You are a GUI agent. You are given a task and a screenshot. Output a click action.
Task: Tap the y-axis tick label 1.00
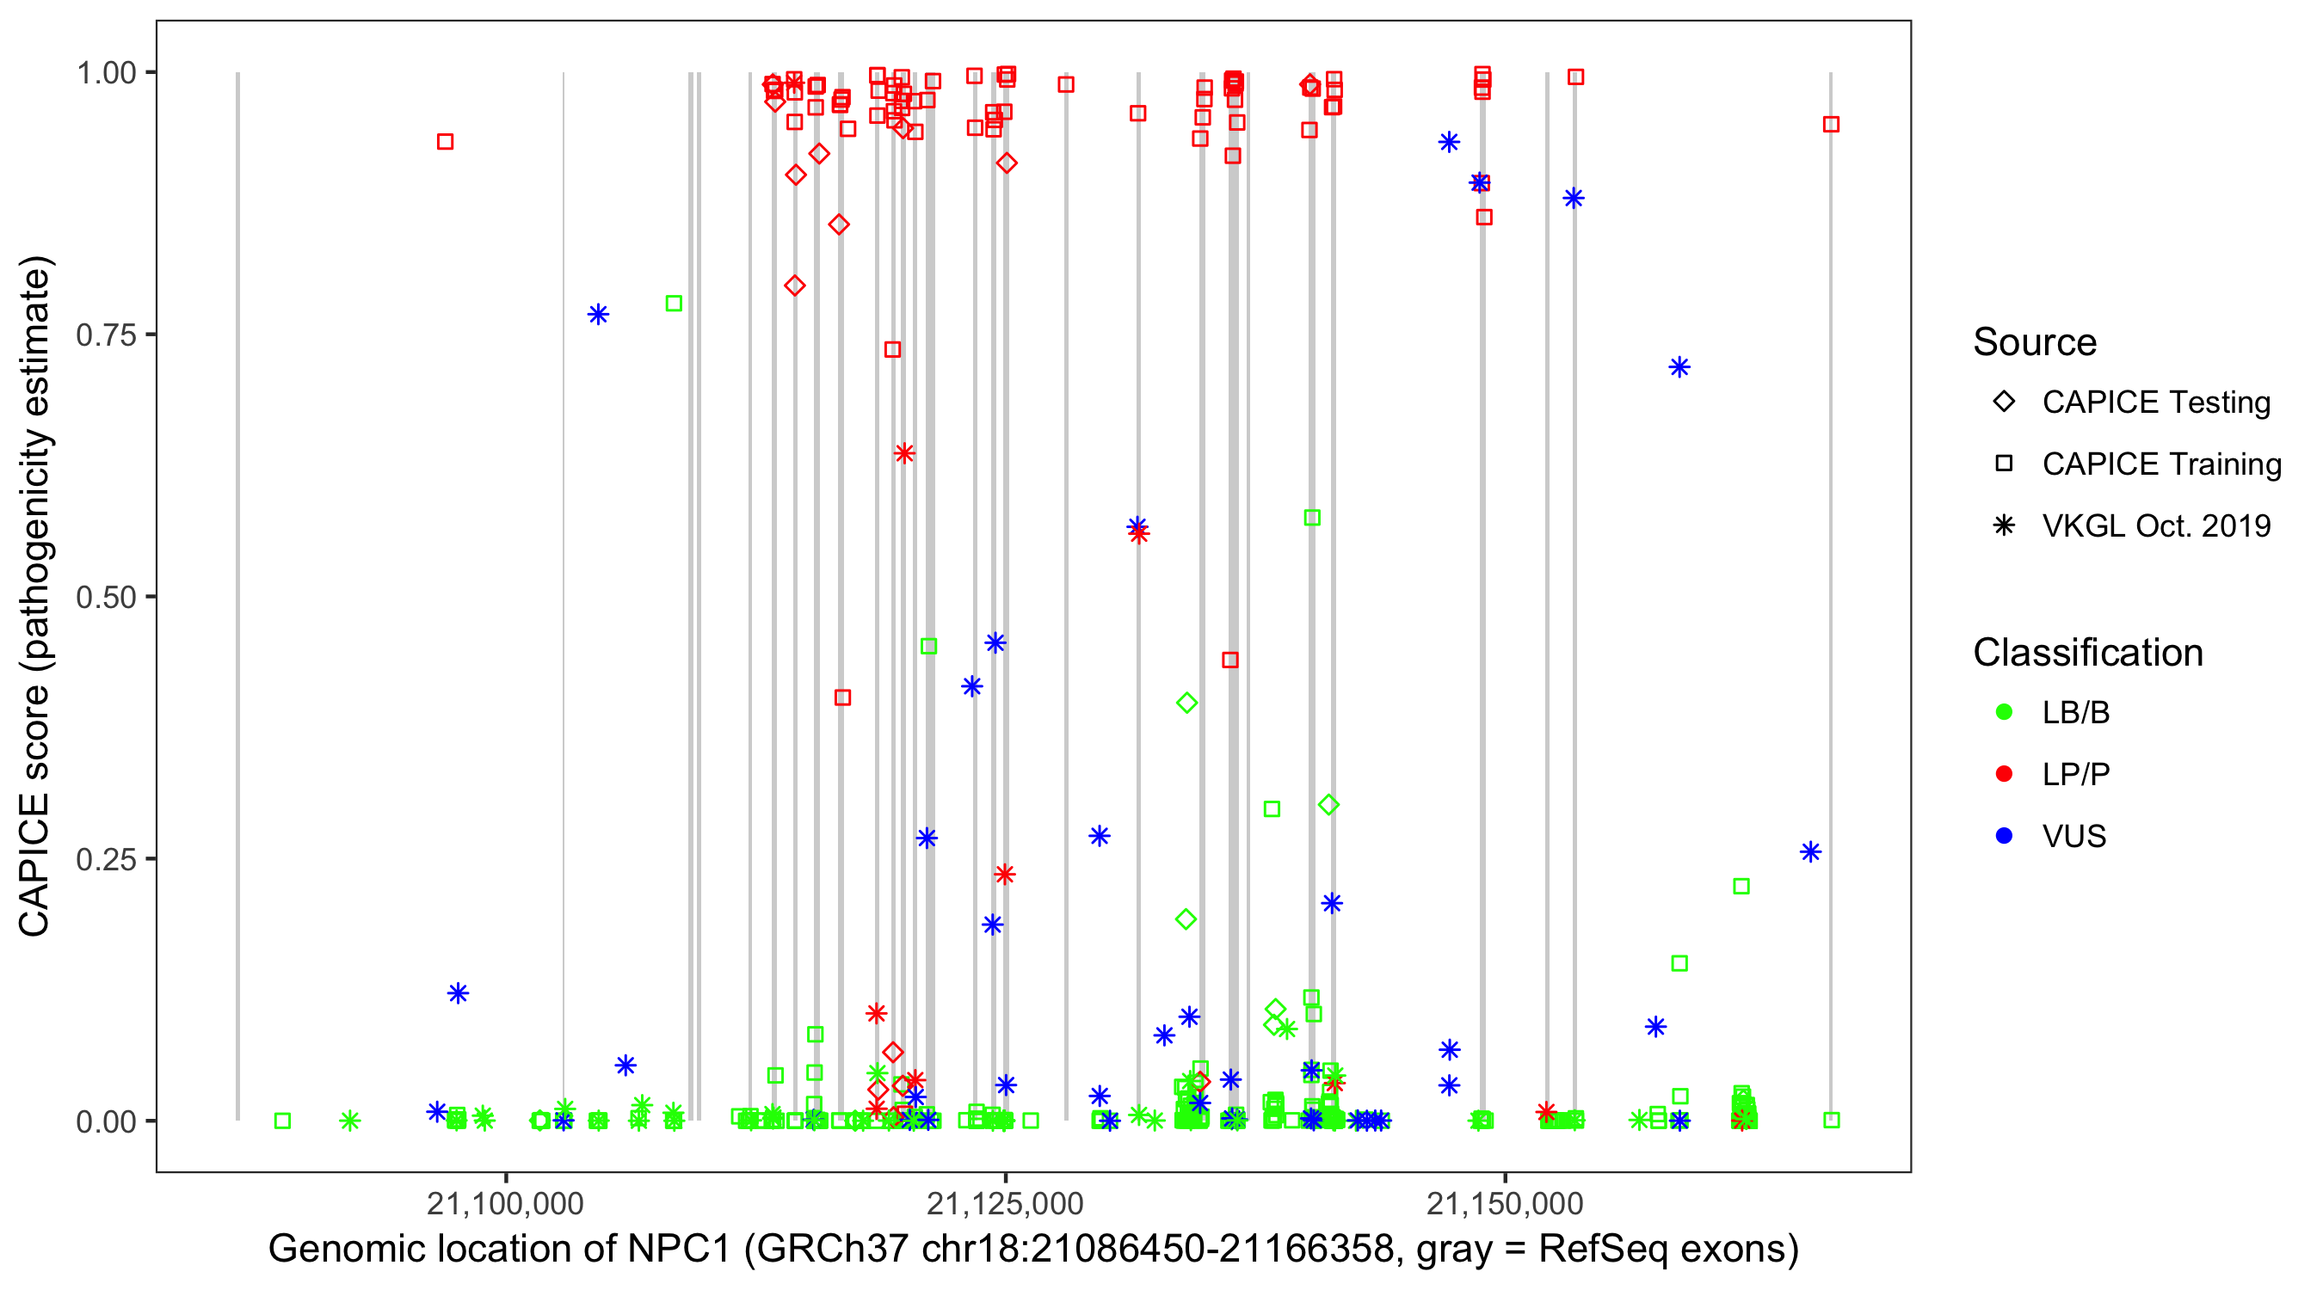point(106,72)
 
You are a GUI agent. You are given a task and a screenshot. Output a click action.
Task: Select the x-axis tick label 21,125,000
point(1005,1203)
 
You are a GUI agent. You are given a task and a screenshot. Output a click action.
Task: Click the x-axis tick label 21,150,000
point(1504,1203)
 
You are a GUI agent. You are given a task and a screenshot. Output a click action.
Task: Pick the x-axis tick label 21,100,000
point(505,1203)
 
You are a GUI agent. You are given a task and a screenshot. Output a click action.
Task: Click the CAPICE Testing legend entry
point(2155,402)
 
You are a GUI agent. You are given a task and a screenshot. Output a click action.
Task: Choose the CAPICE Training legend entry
point(2160,464)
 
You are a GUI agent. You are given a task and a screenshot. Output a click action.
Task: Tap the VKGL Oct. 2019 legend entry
point(2155,525)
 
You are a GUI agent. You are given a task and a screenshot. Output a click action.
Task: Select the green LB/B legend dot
point(2004,712)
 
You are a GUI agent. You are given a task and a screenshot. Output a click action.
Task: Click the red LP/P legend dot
point(2004,774)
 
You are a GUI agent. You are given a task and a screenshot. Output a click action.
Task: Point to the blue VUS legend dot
point(2004,836)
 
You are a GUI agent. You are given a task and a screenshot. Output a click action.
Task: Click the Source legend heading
point(2035,342)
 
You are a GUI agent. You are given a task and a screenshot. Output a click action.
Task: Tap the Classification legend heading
point(2087,653)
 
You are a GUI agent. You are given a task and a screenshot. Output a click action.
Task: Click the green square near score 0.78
point(674,304)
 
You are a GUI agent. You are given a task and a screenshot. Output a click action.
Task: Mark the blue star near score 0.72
point(1679,367)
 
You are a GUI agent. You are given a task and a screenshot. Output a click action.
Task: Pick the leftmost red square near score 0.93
point(445,142)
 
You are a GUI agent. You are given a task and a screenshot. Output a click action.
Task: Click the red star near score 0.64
point(904,453)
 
